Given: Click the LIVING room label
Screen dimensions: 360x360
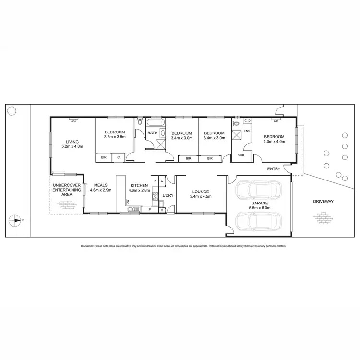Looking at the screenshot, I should tap(72, 141).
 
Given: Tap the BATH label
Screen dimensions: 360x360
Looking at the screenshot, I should tap(152, 133).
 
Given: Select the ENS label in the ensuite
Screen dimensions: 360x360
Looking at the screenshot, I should tap(247, 131).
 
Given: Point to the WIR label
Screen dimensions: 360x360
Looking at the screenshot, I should tap(241, 155).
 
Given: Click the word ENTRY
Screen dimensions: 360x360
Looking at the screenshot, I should tap(274, 169).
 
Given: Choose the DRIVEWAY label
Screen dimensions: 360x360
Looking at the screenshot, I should tap(323, 201).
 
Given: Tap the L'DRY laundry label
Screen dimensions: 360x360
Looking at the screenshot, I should tap(168, 195).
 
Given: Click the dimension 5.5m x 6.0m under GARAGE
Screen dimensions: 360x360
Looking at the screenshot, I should tap(259, 208).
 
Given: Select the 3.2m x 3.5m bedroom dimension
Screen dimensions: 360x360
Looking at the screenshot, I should tap(114, 137).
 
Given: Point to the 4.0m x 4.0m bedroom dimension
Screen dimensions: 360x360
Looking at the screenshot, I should tap(274, 141).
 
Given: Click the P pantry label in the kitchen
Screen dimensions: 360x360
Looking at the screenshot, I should tap(149, 210).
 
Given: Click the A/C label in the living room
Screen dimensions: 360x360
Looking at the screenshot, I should tap(73, 121).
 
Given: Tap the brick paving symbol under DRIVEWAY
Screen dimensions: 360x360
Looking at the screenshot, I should tap(323, 217).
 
